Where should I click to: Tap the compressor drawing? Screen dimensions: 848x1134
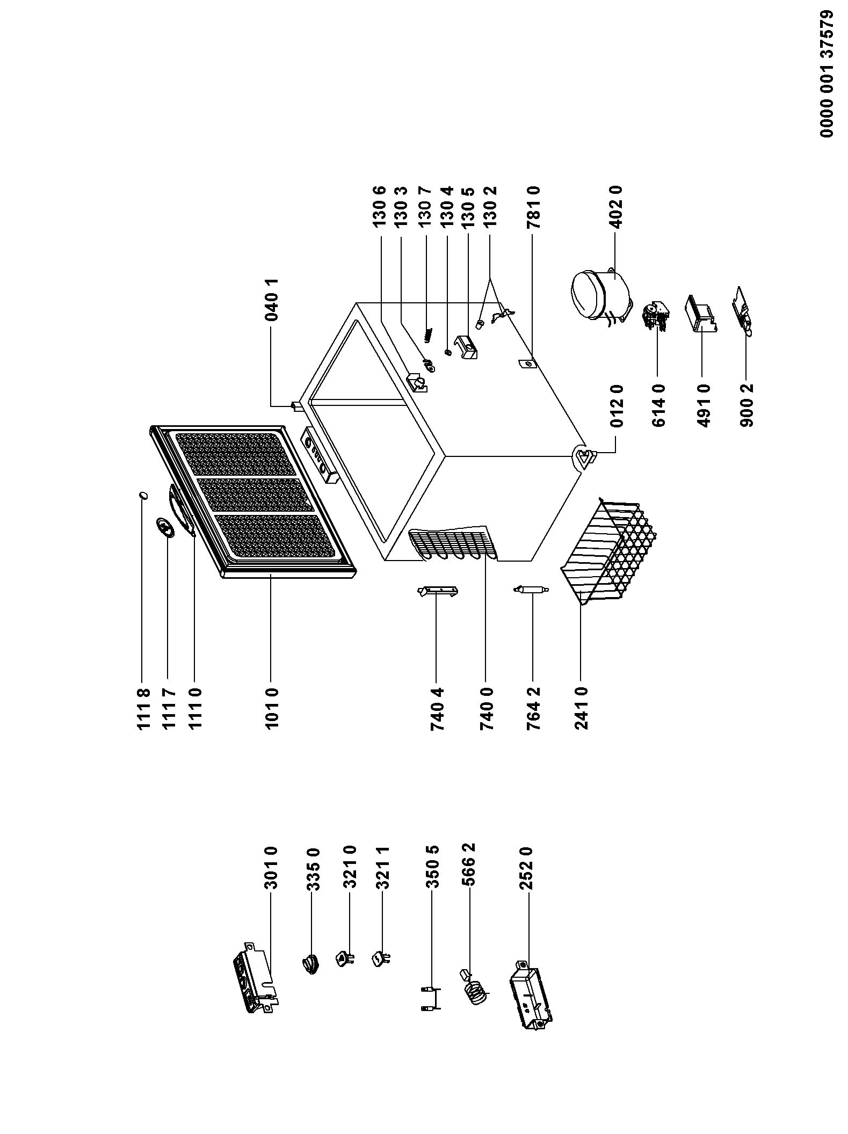point(600,297)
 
